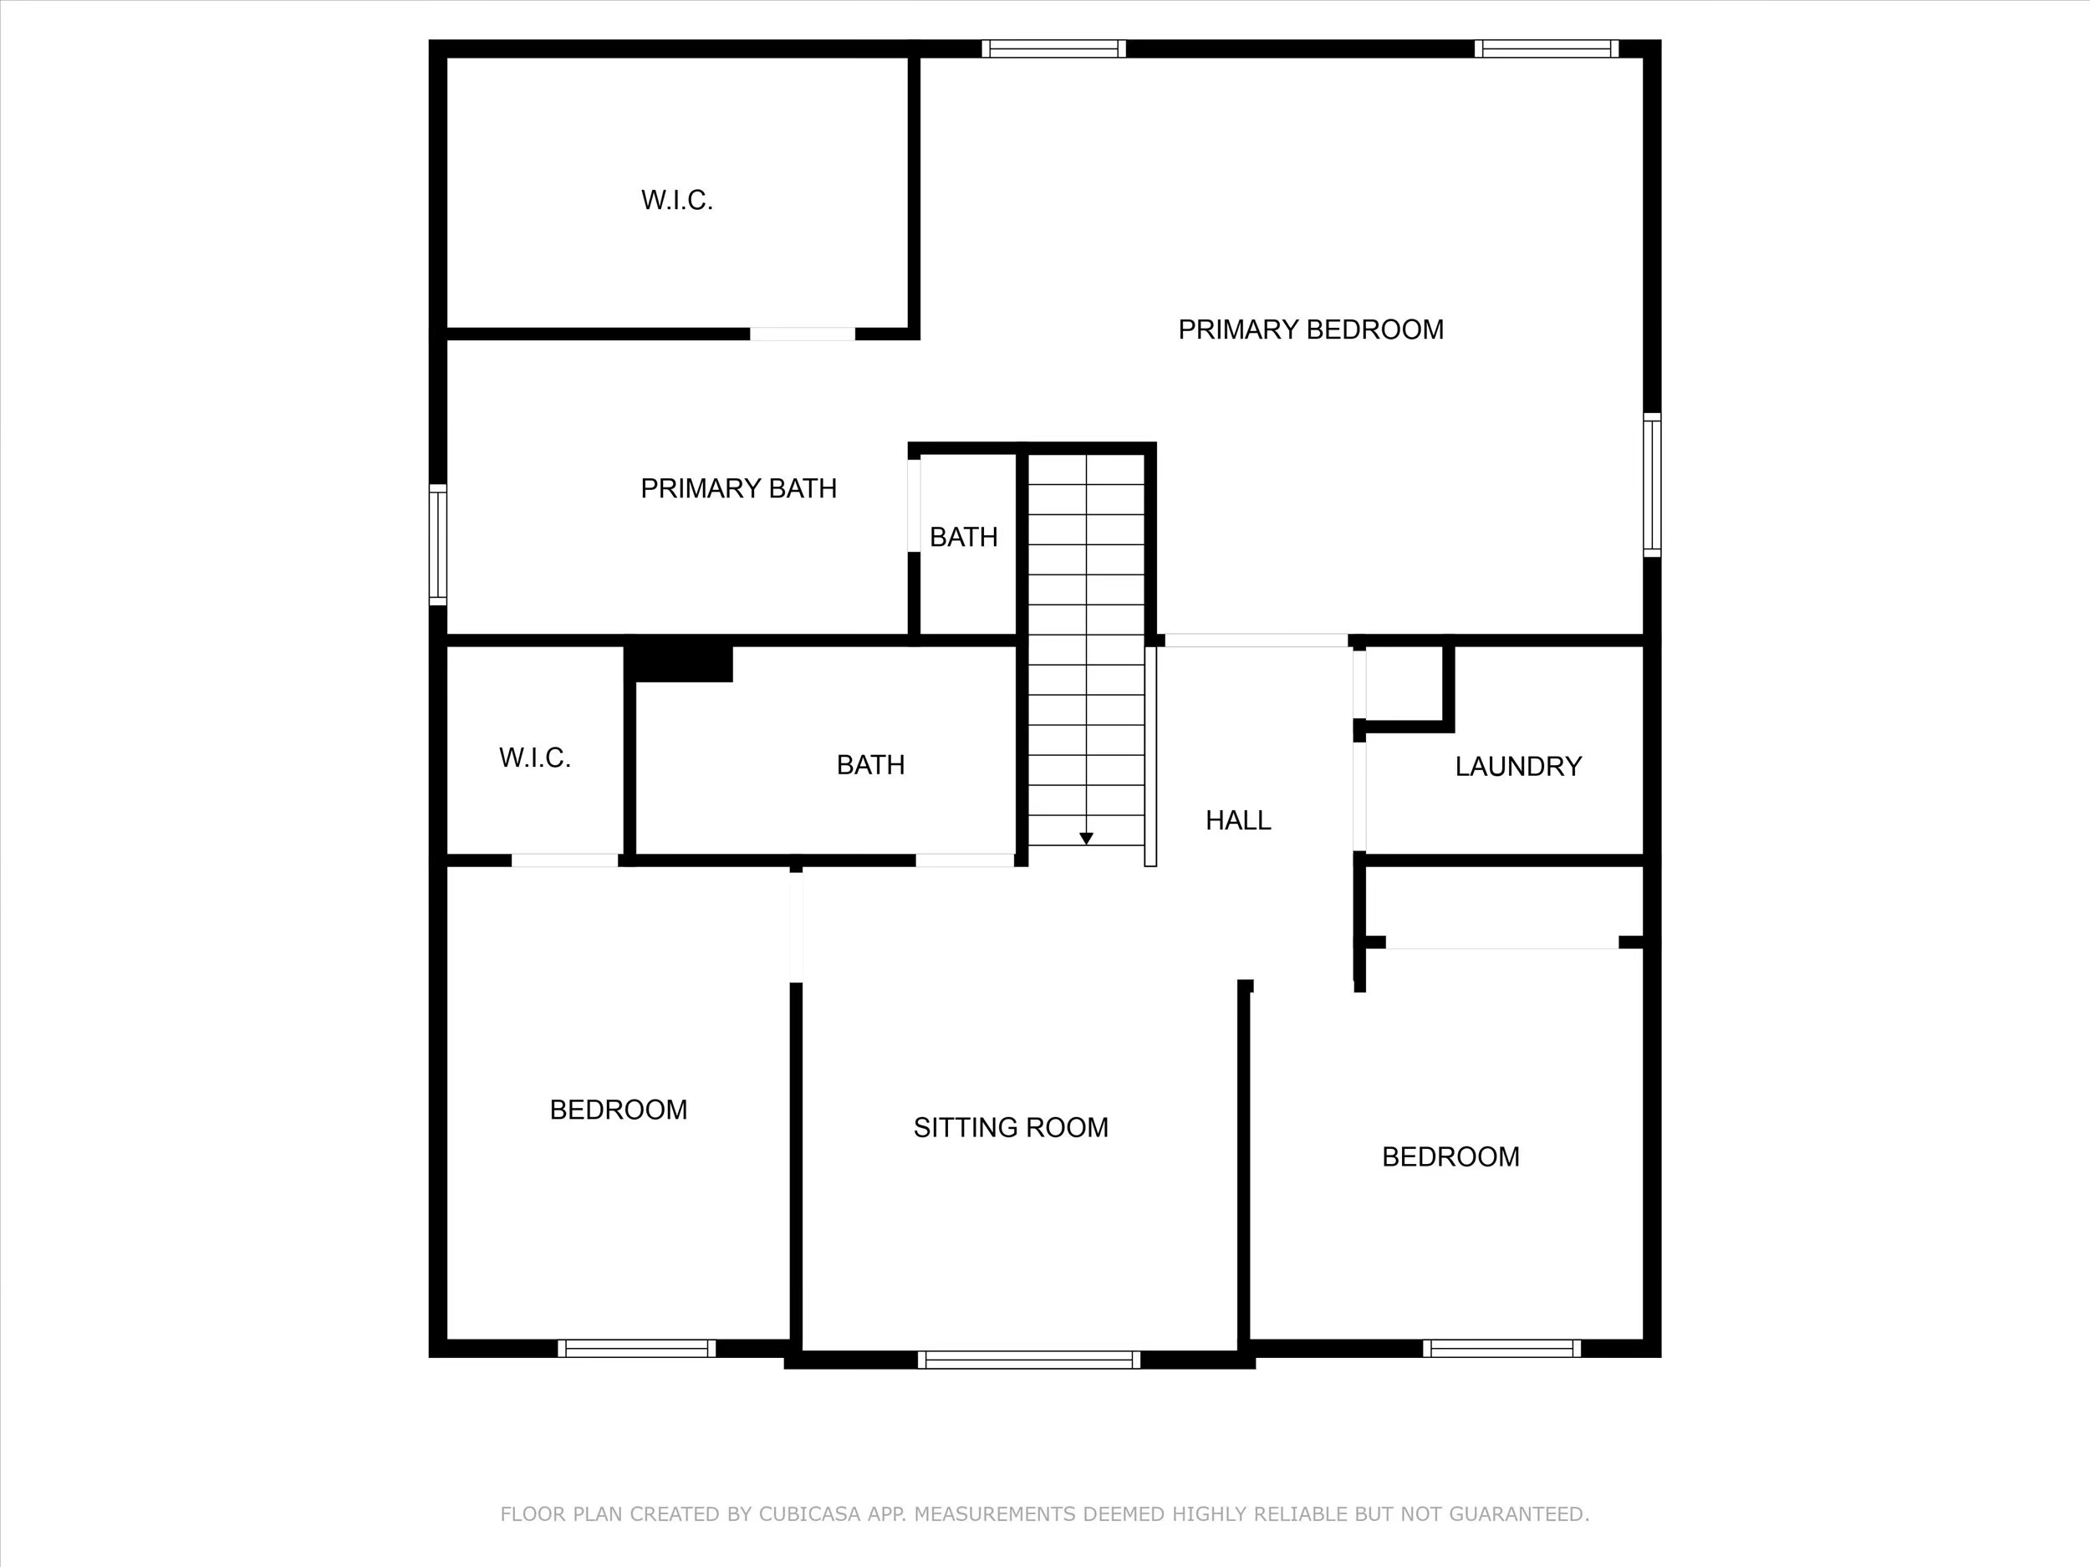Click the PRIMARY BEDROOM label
tap(1311, 329)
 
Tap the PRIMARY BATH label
tap(738, 488)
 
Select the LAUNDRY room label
tap(1517, 767)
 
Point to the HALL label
tap(1238, 820)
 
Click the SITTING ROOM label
tap(1010, 1127)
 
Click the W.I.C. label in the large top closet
tap(676, 201)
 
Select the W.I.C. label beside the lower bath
tap(535, 758)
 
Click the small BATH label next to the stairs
tap(963, 538)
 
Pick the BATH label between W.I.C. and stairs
tap(870, 764)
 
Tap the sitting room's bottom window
tap(1029, 1359)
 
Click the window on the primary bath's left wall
tap(437, 544)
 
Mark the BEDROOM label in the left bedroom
tap(618, 1110)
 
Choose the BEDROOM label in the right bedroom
tap(1450, 1156)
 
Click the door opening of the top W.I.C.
tap(803, 334)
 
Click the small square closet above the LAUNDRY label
tap(1403, 683)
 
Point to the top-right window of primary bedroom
tap(1546, 48)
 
